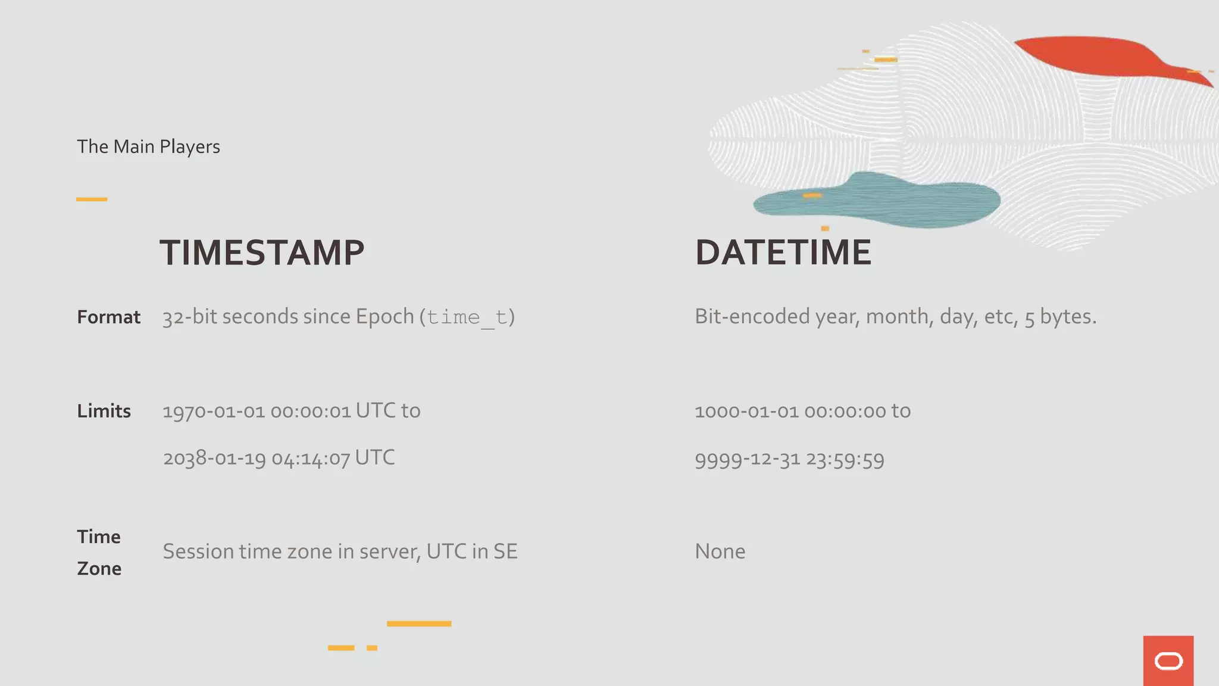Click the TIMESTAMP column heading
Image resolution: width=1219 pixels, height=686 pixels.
[x=262, y=252]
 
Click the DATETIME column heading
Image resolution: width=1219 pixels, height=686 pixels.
[x=783, y=252]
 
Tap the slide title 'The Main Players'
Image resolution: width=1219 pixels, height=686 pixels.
[x=148, y=146]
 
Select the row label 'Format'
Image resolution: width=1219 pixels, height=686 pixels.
[x=108, y=317]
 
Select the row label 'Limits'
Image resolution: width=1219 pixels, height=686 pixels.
[x=104, y=411]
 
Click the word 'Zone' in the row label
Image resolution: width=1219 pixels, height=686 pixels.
[x=99, y=569]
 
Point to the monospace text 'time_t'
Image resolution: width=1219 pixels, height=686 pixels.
[x=467, y=317]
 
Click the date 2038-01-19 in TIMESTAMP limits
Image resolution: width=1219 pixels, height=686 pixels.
[x=214, y=459]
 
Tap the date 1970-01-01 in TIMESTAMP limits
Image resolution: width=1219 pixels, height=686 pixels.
[x=214, y=411]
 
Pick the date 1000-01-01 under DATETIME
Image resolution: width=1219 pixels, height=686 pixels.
[x=746, y=411]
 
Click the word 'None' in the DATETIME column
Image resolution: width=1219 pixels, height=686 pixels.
[x=720, y=551]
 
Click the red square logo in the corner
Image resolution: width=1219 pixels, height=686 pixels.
[x=1168, y=660]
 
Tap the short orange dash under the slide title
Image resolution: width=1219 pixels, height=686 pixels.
[x=92, y=199]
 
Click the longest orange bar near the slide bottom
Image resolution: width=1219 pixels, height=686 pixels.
[x=419, y=623]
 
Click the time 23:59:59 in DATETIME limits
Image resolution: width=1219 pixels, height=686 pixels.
[x=845, y=460]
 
